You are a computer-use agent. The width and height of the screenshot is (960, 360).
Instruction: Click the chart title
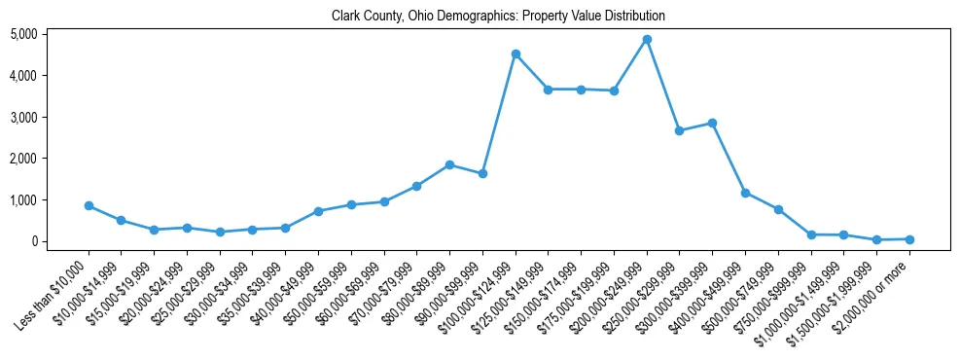(498, 17)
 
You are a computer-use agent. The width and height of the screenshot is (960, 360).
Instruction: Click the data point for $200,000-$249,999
(647, 39)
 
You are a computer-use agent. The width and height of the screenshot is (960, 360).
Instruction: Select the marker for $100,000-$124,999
(516, 54)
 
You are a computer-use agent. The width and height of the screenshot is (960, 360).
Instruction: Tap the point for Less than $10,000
(89, 205)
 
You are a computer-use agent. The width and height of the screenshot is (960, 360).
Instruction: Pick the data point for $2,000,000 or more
(909, 238)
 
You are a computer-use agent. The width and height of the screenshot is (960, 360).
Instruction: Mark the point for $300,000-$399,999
(713, 123)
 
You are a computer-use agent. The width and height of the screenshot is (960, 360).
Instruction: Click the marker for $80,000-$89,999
(449, 164)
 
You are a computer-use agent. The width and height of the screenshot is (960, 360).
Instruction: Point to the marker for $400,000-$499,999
(745, 193)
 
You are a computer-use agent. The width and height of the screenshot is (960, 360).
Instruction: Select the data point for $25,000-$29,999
(220, 232)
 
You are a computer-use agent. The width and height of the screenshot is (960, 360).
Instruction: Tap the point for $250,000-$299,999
(680, 130)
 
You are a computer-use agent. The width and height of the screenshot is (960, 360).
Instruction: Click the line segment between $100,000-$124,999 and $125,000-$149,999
(532, 71)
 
